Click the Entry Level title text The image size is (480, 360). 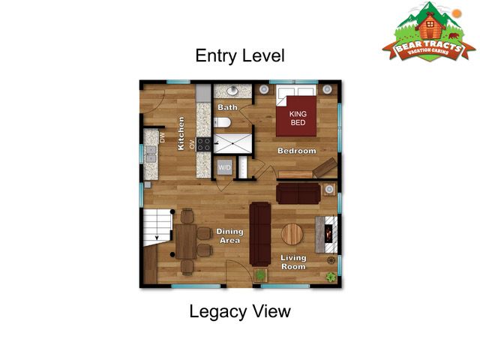coord(239,55)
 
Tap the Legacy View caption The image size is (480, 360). coord(239,311)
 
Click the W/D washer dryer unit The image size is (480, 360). coord(224,168)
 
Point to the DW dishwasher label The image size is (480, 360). coord(162,137)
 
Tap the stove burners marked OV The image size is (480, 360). coord(203,143)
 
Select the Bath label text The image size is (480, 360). coord(227,108)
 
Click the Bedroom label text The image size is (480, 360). coord(297,151)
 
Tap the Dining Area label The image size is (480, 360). coord(229,236)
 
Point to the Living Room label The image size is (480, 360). coord(293,262)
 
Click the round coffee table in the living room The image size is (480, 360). coord(292,235)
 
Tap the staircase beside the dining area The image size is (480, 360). coord(158,226)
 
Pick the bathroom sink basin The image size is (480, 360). coord(232,91)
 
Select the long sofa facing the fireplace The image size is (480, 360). coord(259,233)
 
